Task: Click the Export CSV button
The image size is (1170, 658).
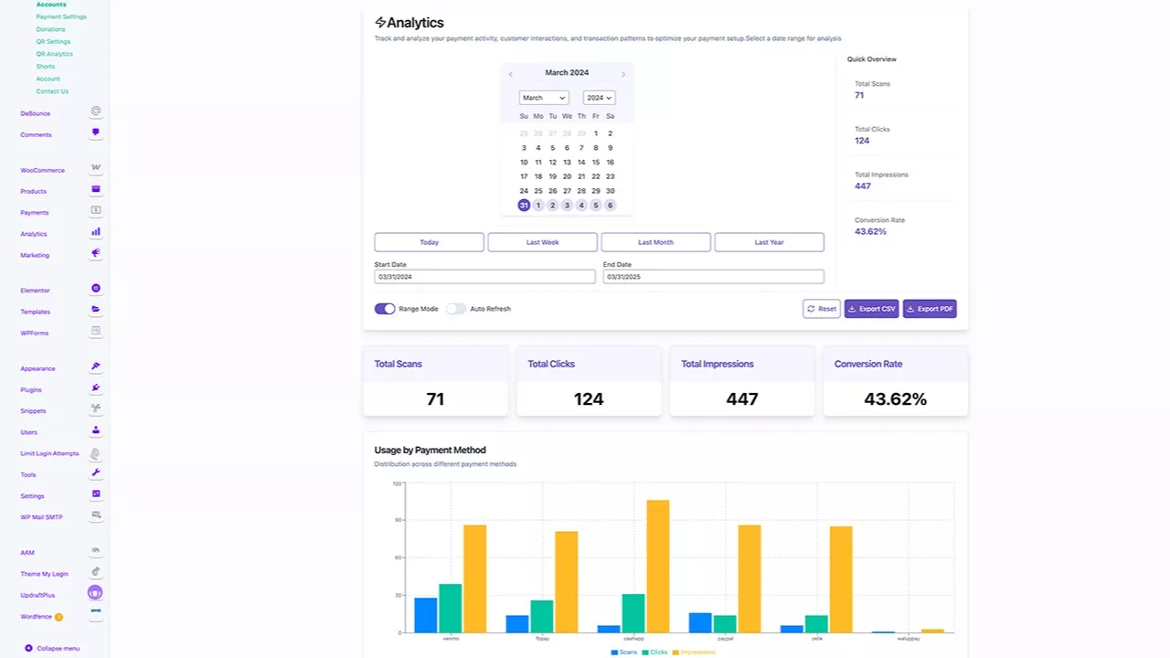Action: pos(871,309)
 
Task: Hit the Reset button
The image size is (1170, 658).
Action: pos(821,309)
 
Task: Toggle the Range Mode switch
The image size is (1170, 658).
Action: pos(385,309)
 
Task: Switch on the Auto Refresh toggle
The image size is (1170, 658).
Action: pos(456,309)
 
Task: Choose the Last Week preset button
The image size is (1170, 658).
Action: pos(542,242)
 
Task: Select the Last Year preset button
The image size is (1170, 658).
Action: pos(769,242)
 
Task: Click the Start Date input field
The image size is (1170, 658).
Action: pos(484,276)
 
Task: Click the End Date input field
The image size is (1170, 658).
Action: pos(713,276)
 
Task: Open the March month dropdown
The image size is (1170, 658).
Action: pos(544,98)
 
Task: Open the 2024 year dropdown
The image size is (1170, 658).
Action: pos(599,98)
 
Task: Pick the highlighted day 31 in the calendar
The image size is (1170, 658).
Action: pos(524,206)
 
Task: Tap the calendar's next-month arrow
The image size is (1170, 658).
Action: pos(623,74)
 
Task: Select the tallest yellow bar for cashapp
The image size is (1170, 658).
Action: pos(657,566)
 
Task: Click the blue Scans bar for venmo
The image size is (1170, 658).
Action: pos(426,615)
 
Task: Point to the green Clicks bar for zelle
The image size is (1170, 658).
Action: pos(816,623)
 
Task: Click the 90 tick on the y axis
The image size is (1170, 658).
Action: pos(398,520)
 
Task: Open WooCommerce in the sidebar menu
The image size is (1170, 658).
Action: pos(43,170)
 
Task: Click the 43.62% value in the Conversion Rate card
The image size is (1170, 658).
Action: pos(895,399)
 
